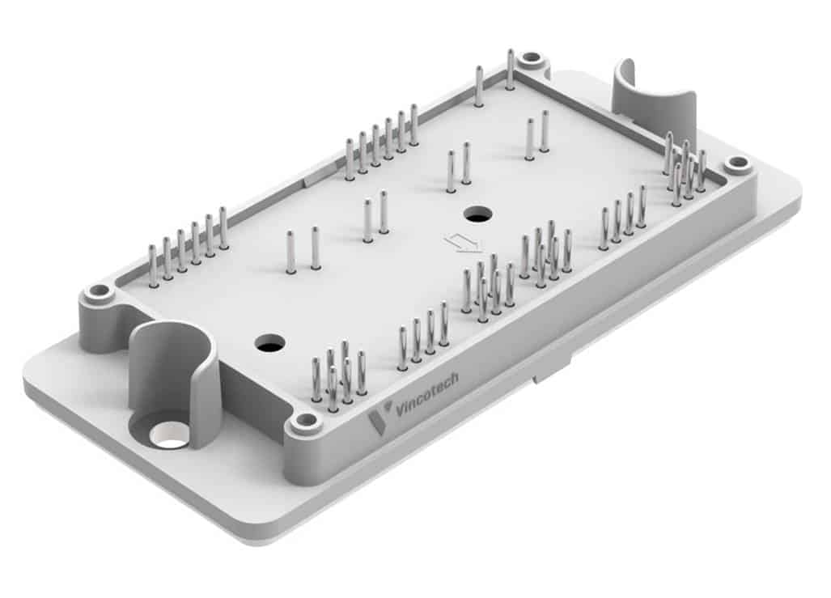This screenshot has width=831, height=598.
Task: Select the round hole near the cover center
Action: click(477, 214)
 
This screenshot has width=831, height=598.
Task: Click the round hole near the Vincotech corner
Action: click(269, 342)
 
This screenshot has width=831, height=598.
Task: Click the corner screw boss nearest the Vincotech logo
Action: click(305, 421)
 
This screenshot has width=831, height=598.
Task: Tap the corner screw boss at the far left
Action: click(99, 291)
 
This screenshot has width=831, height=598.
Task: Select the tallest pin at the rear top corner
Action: click(510, 69)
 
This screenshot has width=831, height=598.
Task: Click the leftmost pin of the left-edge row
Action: click(152, 266)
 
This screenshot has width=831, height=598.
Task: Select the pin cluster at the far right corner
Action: click(685, 168)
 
